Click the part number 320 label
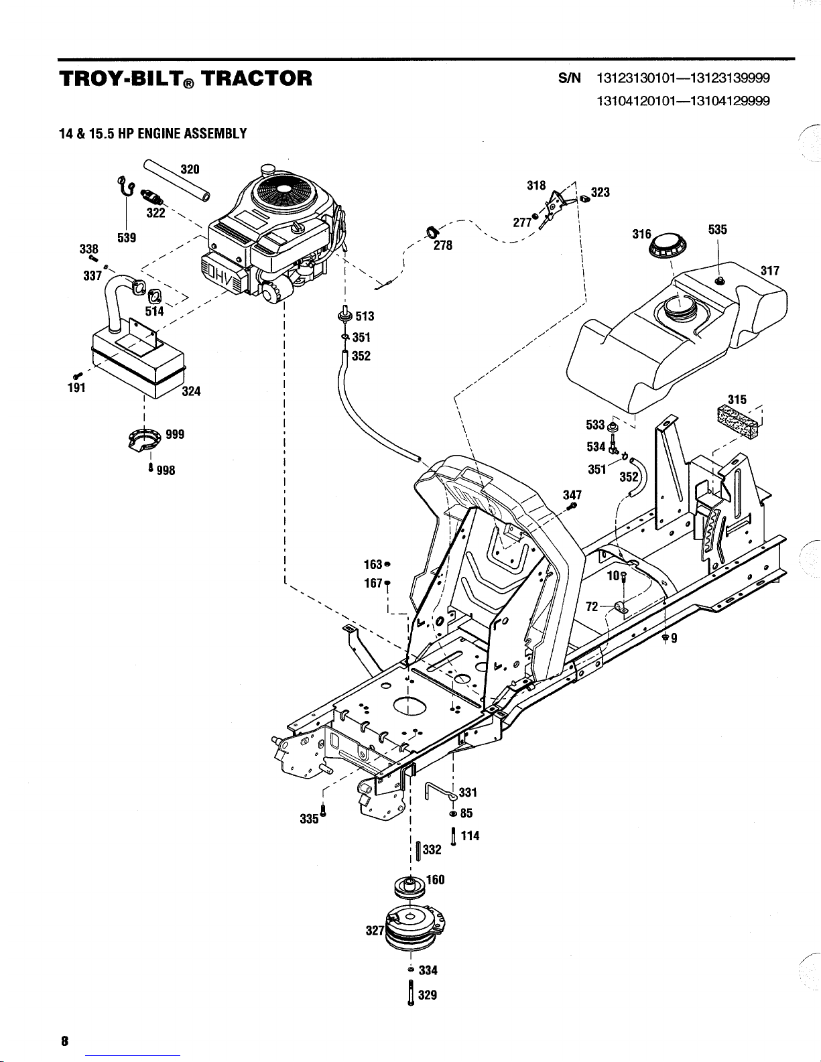click(190, 169)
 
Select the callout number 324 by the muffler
click(191, 391)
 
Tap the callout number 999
click(176, 434)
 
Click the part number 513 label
click(365, 316)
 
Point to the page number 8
click(64, 1041)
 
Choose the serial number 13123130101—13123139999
click(683, 78)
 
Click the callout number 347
click(572, 495)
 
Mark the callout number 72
click(592, 606)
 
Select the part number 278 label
click(443, 245)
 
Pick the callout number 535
click(717, 229)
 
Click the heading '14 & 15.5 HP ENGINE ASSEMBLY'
click(153, 133)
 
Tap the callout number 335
click(310, 819)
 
